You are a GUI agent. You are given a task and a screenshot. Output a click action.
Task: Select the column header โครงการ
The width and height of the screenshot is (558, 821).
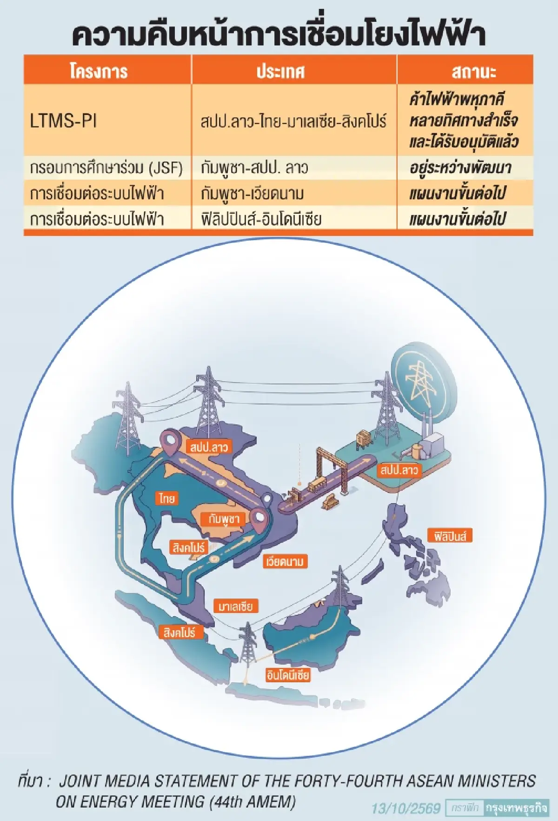tap(99, 71)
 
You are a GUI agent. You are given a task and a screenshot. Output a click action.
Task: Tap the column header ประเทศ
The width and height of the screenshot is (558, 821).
tap(280, 71)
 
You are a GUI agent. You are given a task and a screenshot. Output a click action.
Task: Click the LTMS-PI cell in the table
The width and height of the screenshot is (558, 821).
tap(63, 121)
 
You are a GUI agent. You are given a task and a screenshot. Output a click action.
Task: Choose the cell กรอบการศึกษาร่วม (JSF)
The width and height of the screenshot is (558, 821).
tap(106, 168)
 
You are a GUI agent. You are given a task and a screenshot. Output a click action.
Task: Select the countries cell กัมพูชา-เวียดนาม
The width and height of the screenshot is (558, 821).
tap(252, 193)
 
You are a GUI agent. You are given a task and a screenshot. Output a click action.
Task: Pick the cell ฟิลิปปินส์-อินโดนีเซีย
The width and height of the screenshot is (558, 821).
tap(261, 219)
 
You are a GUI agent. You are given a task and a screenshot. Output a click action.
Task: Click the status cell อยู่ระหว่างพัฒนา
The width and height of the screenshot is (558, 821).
tap(460, 168)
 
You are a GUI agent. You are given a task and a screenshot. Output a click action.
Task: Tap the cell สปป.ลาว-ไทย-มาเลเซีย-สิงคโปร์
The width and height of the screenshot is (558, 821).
tap(293, 121)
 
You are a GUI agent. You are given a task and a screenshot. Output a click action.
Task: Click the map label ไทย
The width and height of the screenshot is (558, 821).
tap(166, 498)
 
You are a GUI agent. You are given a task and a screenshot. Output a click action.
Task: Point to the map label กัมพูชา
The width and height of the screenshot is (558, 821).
tap(224, 519)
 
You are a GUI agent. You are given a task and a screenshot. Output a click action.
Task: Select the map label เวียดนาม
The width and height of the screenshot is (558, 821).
tap(285, 562)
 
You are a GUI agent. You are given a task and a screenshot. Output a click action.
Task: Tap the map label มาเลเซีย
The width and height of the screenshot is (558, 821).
tap(236, 606)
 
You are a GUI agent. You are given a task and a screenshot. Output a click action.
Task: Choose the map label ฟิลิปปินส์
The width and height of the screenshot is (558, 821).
tap(450, 536)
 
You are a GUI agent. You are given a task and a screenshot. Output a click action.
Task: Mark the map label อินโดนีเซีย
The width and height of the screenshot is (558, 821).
tap(288, 675)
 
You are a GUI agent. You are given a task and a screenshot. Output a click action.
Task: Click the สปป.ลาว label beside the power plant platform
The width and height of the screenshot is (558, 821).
tap(399, 470)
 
